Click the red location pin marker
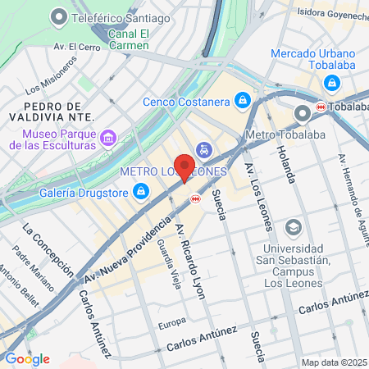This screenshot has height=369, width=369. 184,166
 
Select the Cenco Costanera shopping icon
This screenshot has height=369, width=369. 243,101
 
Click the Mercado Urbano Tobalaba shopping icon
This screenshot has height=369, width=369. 331,82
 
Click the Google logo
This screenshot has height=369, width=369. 27,359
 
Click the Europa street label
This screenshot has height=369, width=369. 171,321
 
